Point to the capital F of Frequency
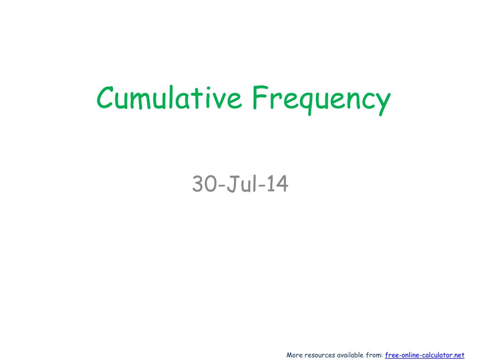pos(259,97)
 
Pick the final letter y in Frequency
pos(383,102)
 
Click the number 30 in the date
pos(203,184)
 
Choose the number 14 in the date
pos(277,184)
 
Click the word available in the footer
pos(350,355)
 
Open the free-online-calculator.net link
pos(425,355)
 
